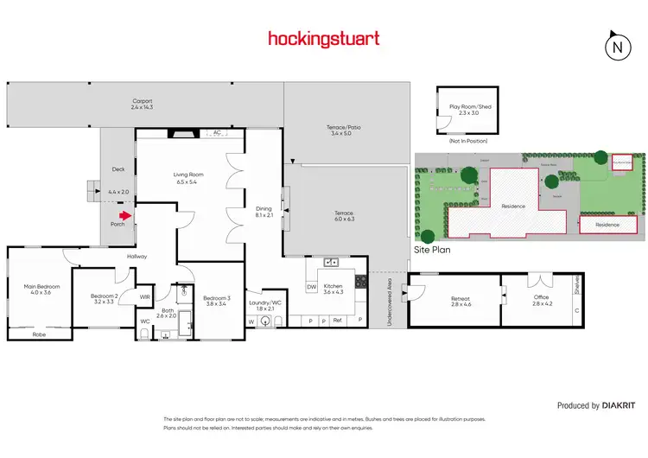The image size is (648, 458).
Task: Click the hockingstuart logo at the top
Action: point(323,38)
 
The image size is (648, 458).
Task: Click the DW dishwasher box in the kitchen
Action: point(311,287)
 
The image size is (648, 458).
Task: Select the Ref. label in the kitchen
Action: point(337,321)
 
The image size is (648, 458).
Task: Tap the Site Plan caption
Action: point(433,248)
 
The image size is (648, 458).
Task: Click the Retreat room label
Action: point(460,299)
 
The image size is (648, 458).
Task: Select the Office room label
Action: point(542,299)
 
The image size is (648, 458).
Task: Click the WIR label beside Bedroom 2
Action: point(145,296)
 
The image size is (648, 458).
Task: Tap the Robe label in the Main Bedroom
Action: point(39,334)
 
